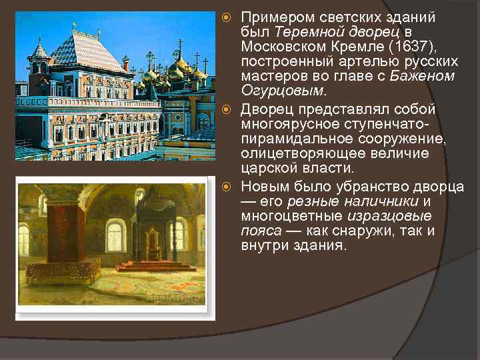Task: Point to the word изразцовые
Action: tap(389, 215)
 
